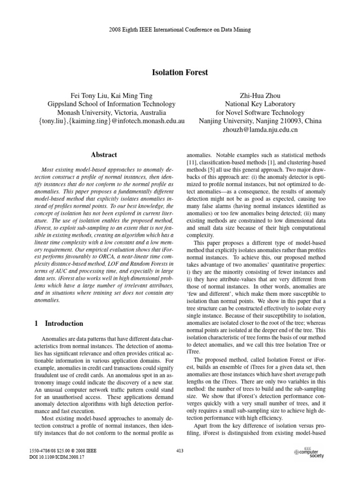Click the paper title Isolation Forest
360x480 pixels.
(180, 73)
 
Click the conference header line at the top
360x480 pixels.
(180, 30)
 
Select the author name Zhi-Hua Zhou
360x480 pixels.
(260, 95)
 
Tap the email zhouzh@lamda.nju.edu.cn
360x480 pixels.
(260, 130)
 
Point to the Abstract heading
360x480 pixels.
(104, 155)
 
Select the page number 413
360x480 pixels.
(180, 451)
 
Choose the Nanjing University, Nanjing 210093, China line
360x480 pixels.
(260, 121)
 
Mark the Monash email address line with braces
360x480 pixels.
(111, 121)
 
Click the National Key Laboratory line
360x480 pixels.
(260, 104)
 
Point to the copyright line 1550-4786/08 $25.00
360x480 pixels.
(63, 450)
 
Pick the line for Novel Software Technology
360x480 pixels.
(260, 112)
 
